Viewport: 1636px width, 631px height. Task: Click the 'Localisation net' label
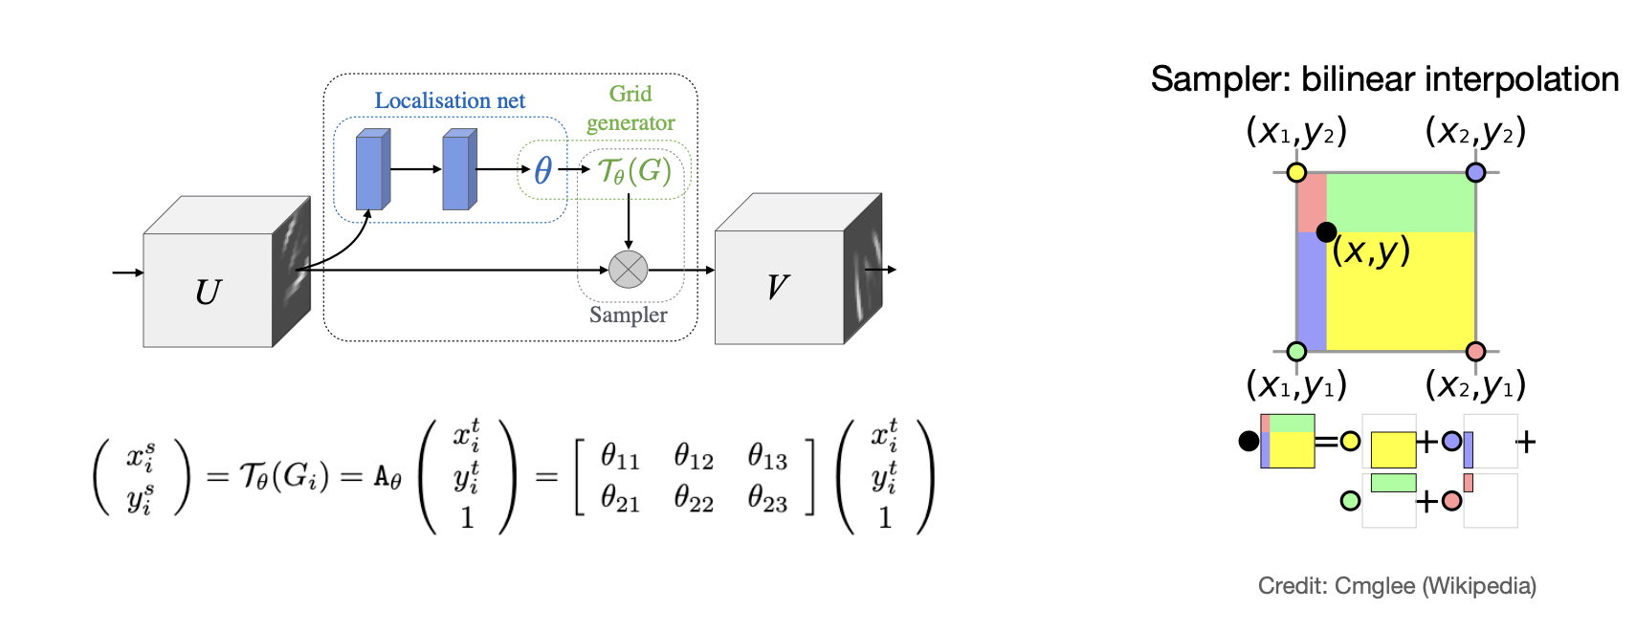point(450,100)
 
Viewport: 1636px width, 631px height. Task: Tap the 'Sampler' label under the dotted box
point(628,315)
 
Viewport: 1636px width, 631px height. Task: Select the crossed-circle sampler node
point(628,270)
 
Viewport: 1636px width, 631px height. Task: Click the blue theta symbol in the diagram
point(542,170)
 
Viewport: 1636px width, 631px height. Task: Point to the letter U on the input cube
point(208,292)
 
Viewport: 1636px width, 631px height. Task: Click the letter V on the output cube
point(777,287)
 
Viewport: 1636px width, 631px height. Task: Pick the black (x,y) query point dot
point(1326,231)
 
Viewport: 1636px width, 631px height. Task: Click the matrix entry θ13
point(767,456)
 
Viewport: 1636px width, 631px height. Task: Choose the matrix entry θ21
point(620,498)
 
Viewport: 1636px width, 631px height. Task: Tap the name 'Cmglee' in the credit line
point(1375,586)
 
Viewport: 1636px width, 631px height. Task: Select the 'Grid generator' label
point(630,108)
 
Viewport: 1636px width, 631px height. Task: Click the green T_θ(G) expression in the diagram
point(634,171)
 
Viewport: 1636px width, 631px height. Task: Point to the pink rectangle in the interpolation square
point(1312,203)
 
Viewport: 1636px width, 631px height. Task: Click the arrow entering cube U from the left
point(127,272)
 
